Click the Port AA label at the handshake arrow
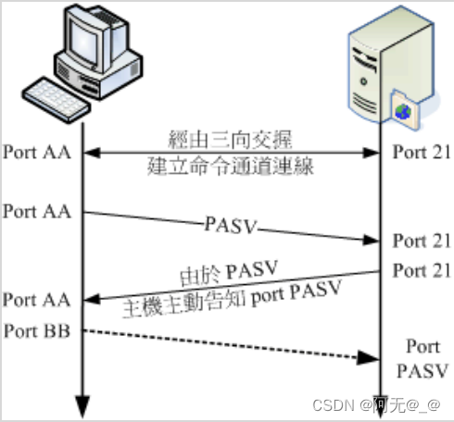click(x=33, y=151)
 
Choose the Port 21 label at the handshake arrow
click(x=422, y=151)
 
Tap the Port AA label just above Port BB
click(x=33, y=300)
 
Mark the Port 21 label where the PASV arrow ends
click(x=422, y=242)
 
